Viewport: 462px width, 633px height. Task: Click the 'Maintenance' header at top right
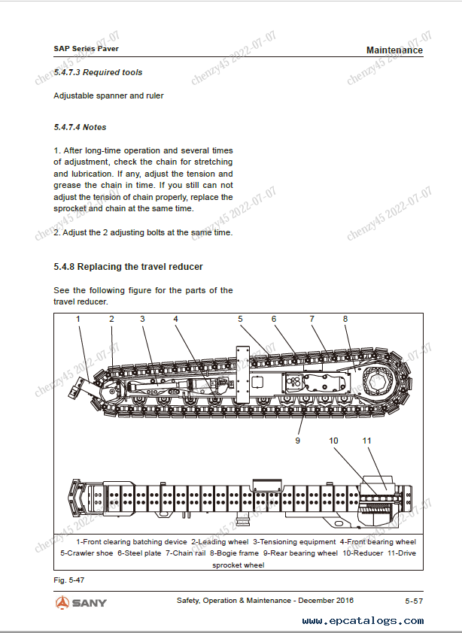[394, 50]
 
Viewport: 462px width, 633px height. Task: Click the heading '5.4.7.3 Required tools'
[98, 72]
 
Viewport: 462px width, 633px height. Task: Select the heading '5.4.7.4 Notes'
[80, 127]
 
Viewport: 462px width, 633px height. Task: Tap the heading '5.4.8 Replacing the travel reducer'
[128, 267]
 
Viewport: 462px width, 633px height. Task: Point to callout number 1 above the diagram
[78, 319]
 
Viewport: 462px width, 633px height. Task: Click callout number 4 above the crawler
[176, 319]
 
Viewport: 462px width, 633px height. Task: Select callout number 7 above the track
[312, 319]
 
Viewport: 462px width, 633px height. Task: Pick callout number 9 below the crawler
[298, 440]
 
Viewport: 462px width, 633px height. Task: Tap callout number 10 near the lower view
[334, 440]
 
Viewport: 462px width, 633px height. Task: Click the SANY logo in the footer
[81, 602]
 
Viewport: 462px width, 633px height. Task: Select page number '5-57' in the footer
[413, 601]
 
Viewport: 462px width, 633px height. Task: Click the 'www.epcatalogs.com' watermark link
[363, 621]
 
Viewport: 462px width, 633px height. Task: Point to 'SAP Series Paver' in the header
[87, 48]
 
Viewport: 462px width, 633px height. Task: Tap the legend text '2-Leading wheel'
[219, 541]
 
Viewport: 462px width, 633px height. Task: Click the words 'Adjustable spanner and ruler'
[108, 95]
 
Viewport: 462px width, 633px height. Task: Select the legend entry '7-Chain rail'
[185, 553]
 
